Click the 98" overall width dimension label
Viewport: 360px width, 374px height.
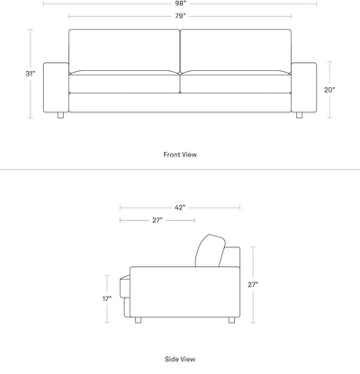pyautogui.click(x=181, y=4)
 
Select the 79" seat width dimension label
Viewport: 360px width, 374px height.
pyautogui.click(x=181, y=16)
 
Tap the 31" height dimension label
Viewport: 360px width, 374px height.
pyautogui.click(x=31, y=74)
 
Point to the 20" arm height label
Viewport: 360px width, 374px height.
pyautogui.click(x=329, y=90)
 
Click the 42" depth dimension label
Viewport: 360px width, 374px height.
pyautogui.click(x=180, y=208)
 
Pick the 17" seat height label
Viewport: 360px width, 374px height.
pyautogui.click(x=107, y=298)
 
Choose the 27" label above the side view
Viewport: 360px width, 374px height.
pyautogui.click(x=157, y=220)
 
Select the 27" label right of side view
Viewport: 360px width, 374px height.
pyautogui.click(x=253, y=285)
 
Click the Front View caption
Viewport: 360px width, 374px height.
pyautogui.click(x=180, y=155)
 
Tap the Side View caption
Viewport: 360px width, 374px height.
pyautogui.click(x=180, y=359)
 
